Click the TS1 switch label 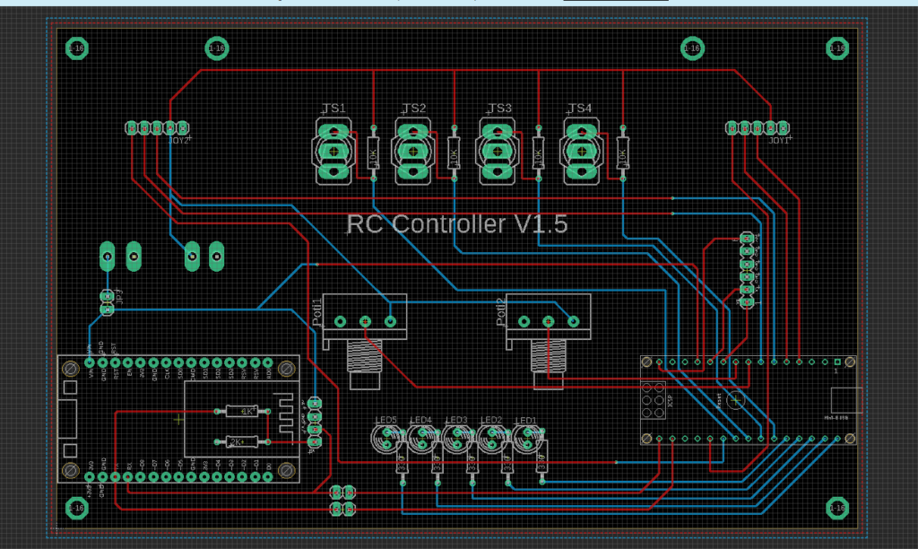click(333, 109)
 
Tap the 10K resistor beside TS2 click(454, 154)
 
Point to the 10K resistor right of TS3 click(538, 154)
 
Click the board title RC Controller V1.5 click(456, 224)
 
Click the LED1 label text click(525, 420)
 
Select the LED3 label click(456, 420)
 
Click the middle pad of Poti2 click(549, 320)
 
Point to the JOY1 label click(780, 140)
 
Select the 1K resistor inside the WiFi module click(241, 411)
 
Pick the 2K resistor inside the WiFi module click(241, 440)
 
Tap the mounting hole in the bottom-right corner click(837, 508)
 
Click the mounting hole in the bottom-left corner click(75, 508)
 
